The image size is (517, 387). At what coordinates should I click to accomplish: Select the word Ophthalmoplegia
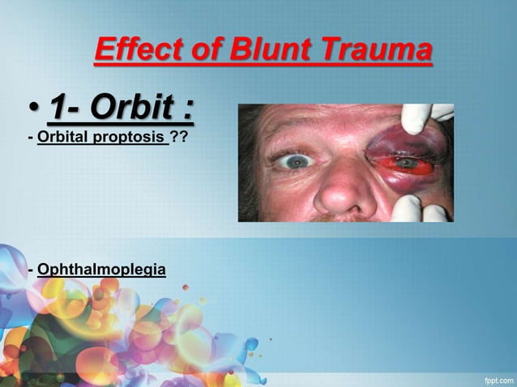(x=101, y=268)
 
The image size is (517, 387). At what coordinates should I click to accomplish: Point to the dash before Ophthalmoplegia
(x=31, y=268)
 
